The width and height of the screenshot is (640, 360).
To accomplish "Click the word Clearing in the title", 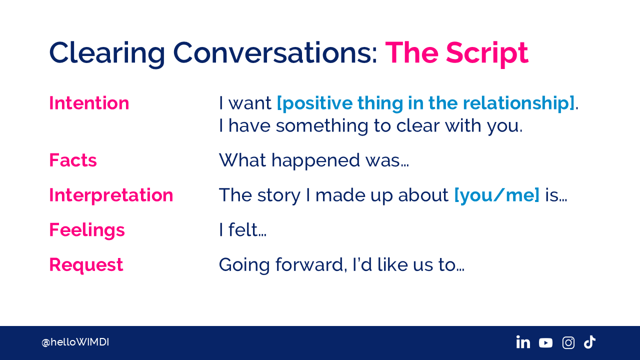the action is coord(107,53).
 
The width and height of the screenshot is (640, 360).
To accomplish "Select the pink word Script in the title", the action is coord(487,53).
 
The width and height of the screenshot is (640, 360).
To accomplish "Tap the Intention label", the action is coord(89,103).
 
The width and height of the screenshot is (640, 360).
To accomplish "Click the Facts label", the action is coord(73,160).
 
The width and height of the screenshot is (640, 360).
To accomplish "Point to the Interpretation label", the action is coord(111,195).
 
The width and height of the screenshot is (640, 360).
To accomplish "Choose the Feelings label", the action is coord(87,230).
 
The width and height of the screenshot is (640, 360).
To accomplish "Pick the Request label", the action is coord(86,265).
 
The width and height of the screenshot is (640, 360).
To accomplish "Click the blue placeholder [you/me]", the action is coord(497,195).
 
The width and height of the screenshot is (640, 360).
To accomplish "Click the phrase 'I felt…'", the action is coord(242,230).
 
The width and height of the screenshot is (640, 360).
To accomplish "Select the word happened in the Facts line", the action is coord(315,161).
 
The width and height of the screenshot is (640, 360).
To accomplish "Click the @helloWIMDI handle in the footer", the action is coord(75,342).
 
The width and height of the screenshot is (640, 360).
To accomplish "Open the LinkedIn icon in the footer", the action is coord(523,342).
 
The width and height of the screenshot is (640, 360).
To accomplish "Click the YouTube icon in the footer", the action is coord(545,342).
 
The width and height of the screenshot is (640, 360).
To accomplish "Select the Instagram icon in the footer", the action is coord(568,342).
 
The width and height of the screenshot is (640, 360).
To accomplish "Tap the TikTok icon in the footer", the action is coord(589,342).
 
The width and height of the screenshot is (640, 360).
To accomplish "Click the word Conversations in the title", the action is coord(275,53).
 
